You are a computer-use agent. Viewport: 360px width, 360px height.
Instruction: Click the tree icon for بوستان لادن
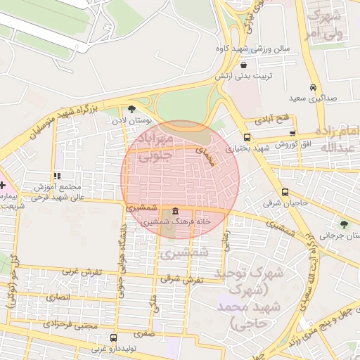tap(131, 108)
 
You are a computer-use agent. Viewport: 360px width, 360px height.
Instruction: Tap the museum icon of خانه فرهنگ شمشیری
tap(174, 212)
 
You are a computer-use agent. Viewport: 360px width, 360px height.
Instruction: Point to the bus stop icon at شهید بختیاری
tap(247, 137)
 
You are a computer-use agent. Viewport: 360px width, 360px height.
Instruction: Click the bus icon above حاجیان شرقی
tap(285, 191)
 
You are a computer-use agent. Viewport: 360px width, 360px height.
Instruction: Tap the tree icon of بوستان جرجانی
tap(343, 225)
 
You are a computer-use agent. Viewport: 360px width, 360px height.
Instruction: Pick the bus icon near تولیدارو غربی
tap(113, 338)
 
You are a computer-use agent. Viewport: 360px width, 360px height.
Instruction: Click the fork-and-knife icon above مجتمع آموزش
tap(56, 176)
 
